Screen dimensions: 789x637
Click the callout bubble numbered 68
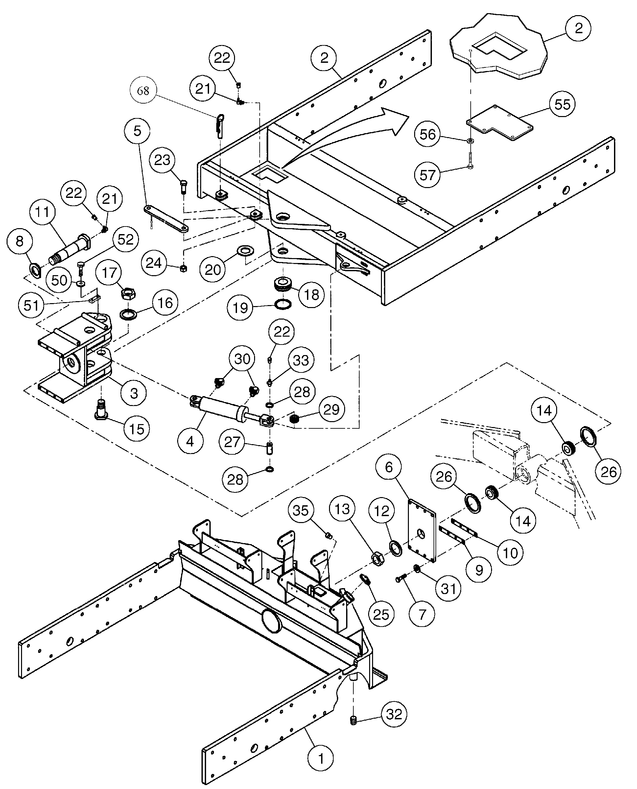click(143, 90)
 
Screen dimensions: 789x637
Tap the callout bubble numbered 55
click(562, 104)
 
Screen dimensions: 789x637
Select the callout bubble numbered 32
click(394, 714)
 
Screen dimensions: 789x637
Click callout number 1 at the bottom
click(321, 758)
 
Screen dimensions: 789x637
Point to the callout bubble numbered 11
click(42, 212)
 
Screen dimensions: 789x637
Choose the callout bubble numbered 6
click(389, 467)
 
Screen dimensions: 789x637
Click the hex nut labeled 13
click(378, 559)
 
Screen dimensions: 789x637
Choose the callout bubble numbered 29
click(331, 409)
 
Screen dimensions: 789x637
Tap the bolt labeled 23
click(183, 185)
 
